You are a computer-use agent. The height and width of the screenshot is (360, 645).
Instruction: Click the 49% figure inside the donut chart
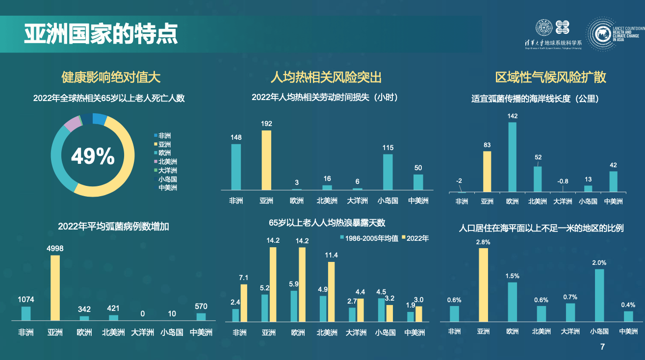[93, 156]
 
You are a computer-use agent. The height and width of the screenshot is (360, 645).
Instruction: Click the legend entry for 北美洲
[167, 162]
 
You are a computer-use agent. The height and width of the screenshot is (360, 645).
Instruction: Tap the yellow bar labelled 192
[266, 160]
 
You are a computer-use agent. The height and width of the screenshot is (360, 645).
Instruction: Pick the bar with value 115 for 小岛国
[387, 172]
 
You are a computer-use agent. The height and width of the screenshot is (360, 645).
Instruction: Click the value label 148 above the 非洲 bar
[236, 137]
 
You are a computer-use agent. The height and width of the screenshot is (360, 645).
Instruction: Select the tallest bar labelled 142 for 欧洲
[512, 156]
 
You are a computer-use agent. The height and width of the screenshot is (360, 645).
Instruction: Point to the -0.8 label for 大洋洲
[563, 181]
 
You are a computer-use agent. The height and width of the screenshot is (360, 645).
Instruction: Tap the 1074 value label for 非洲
[26, 299]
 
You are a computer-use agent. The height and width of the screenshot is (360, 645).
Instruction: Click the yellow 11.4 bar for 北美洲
[332, 291]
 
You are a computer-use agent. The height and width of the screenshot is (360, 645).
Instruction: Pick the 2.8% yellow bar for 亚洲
[483, 284]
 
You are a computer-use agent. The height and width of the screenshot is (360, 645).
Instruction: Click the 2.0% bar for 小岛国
[599, 295]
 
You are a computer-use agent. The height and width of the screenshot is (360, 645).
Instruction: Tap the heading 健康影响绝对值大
[111, 77]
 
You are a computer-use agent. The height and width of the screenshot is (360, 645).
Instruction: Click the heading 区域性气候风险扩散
[551, 77]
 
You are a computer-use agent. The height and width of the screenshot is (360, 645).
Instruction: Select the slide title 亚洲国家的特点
[101, 34]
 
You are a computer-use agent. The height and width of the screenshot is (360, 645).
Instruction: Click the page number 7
[603, 347]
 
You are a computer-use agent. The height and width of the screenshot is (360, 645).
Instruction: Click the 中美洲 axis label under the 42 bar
[613, 201]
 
